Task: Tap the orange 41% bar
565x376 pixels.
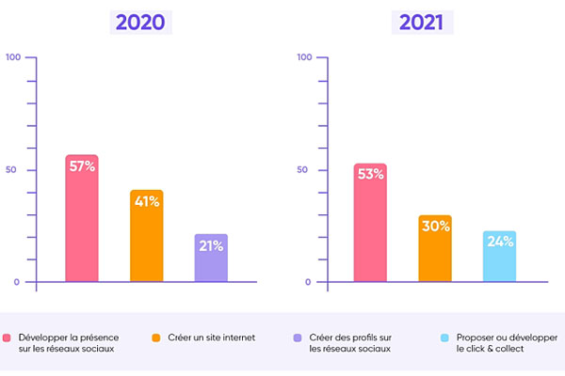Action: click(146, 240)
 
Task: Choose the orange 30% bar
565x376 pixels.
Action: click(435, 252)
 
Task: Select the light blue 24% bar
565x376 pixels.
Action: click(499, 258)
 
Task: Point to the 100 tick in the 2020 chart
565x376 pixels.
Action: click(13, 58)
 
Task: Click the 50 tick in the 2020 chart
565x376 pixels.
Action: click(13, 170)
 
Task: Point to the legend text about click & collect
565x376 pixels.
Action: click(507, 343)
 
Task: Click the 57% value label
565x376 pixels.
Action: click(81, 166)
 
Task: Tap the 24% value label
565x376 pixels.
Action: click(500, 242)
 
